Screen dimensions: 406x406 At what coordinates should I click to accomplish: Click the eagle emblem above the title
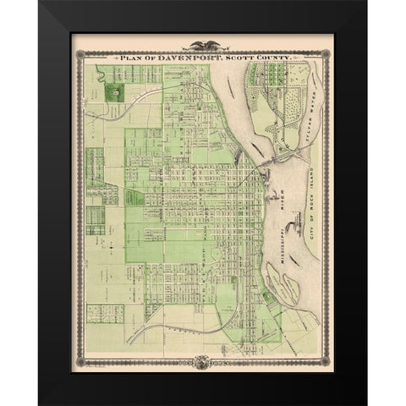202,46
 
